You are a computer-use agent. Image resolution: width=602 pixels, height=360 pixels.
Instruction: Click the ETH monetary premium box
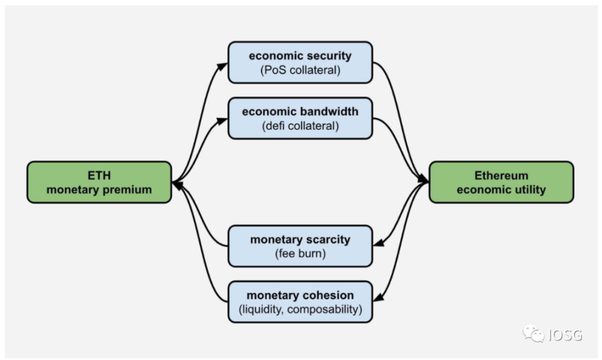pos(99,182)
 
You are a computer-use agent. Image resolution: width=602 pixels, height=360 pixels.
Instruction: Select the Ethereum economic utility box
pos(501,182)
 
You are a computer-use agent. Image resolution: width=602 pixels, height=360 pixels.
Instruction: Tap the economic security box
pos(300,62)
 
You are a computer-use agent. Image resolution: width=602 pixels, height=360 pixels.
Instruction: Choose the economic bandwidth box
pos(300,118)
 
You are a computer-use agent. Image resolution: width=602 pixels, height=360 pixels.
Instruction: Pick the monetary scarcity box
pos(300,246)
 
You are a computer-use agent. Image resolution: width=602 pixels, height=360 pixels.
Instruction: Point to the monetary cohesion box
pos(300,302)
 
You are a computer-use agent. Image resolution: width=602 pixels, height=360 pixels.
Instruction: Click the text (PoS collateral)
pos(300,70)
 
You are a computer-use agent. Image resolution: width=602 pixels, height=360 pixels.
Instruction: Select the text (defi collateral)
pos(300,126)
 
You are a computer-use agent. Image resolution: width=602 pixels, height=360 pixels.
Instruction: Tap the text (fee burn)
pos(300,253)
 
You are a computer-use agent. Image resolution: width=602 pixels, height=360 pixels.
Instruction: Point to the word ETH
pos(99,175)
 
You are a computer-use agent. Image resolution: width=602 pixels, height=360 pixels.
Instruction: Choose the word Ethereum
pos(501,175)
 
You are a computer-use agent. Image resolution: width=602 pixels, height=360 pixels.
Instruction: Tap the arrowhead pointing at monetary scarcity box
pos(378,242)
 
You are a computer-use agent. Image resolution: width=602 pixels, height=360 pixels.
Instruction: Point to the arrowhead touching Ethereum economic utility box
pos(423,179)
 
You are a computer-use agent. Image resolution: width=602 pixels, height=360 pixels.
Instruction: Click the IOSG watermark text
pos(565,335)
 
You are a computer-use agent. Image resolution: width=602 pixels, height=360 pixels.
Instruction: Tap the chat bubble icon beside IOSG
pos(533,333)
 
